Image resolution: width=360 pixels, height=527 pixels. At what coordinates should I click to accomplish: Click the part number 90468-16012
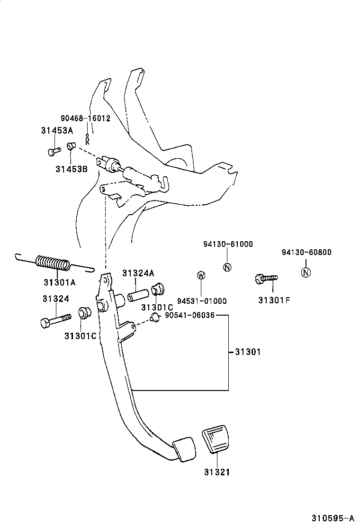tap(85, 118)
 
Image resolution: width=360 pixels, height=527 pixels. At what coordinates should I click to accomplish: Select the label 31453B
tap(71, 168)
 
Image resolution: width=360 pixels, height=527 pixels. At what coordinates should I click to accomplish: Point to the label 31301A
tap(59, 283)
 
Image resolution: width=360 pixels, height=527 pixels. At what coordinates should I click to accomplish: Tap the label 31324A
tap(138, 273)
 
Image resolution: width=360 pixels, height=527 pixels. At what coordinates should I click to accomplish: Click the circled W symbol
tap(201, 275)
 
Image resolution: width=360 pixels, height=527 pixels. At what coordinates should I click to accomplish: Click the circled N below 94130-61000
tap(227, 267)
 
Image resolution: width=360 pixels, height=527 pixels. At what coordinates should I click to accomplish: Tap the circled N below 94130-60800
tap(306, 272)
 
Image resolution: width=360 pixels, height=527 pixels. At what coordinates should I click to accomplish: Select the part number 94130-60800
tap(306, 253)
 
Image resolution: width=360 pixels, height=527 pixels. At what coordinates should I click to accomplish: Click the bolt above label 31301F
tap(266, 279)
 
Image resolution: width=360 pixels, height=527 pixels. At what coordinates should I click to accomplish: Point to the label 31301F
tap(274, 300)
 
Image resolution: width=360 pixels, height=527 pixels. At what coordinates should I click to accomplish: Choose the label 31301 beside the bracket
tap(247, 352)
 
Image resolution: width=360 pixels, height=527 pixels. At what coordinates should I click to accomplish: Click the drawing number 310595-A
tap(333, 518)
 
